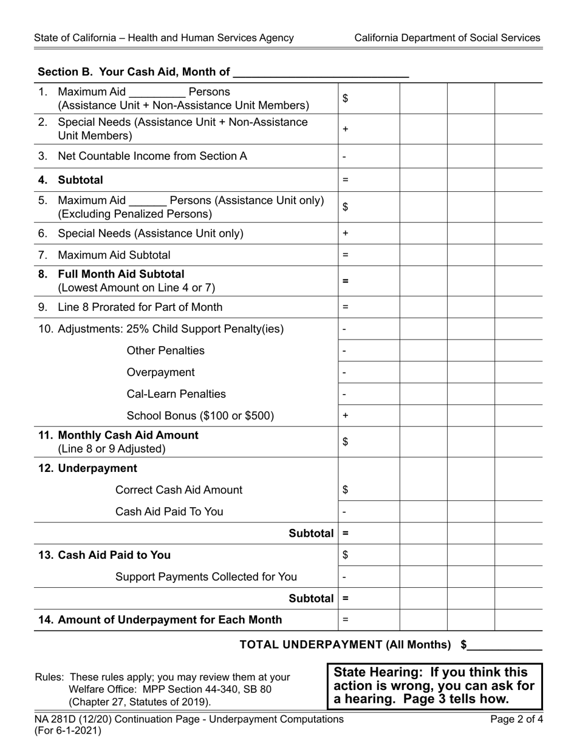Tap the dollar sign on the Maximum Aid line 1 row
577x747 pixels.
tap(346, 98)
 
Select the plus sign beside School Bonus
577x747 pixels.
tap(346, 416)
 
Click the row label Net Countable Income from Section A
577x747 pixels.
tap(152, 156)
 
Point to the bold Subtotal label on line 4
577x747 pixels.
tap(80, 180)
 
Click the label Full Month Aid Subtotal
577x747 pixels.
tap(121, 275)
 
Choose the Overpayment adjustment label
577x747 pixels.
tap(160, 372)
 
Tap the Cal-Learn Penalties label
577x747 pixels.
tap(176, 394)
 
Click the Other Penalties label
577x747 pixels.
tap(165, 351)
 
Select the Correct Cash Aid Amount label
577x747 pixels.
tap(179, 490)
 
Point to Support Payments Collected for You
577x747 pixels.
tap(206, 577)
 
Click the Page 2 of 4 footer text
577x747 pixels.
tap(517, 720)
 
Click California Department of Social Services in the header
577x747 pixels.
tap(447, 38)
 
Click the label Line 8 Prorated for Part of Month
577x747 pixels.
tap(140, 307)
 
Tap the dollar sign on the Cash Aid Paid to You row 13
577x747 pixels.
tap(346, 555)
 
